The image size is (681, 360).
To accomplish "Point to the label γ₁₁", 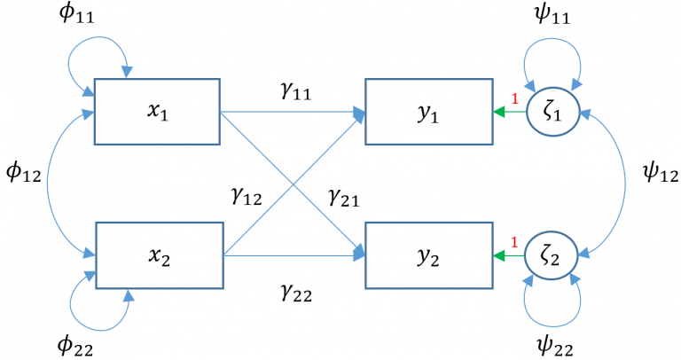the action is tap(296, 91).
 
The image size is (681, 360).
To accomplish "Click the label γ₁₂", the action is tap(247, 196).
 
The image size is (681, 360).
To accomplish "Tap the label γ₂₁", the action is tap(344, 198).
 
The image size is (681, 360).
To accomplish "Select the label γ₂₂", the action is tap(297, 293).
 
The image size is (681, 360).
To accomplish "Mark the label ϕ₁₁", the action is tap(76, 13).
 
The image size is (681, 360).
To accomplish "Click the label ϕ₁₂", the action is tap(23, 172).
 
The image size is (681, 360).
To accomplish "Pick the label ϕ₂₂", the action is tap(75, 346).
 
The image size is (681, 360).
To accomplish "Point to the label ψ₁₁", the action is tap(552, 14).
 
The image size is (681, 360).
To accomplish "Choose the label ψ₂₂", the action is tap(554, 346).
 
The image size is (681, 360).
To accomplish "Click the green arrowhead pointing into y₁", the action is tap(499, 112).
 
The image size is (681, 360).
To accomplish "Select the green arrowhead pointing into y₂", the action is tap(499, 255).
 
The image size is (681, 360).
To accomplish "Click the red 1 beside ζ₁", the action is tap(514, 99).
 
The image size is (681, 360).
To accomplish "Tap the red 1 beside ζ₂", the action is tap(514, 242).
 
